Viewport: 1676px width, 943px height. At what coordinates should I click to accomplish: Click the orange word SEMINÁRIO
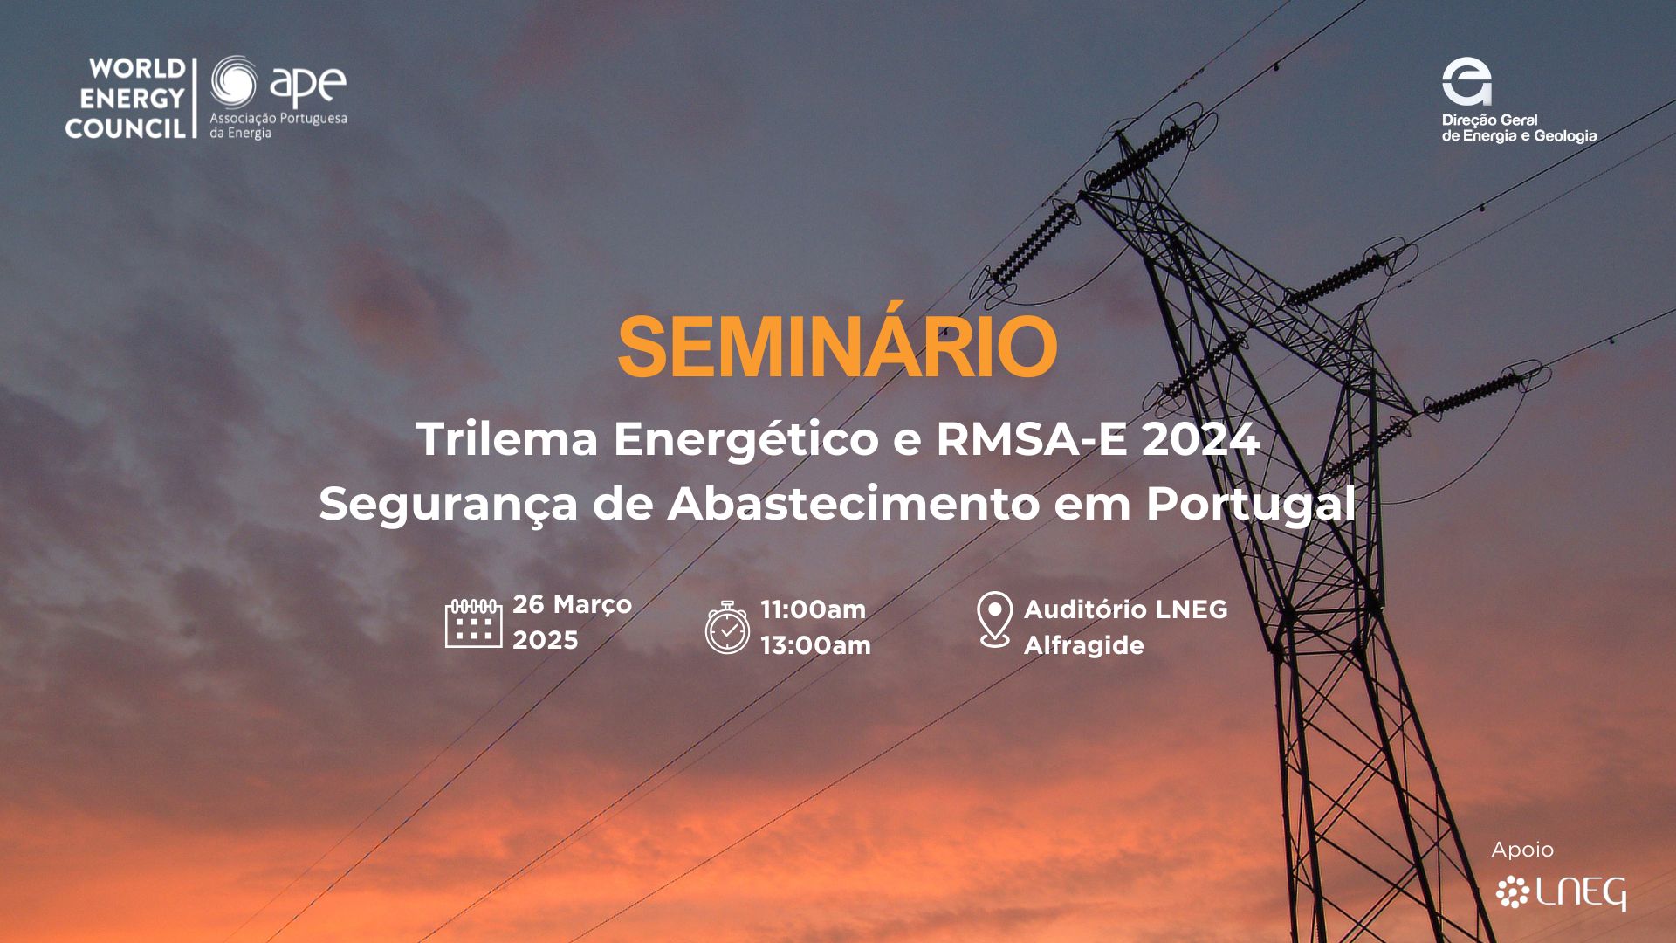pyautogui.click(x=837, y=348)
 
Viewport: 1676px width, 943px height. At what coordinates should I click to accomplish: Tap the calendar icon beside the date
pyautogui.click(x=473, y=623)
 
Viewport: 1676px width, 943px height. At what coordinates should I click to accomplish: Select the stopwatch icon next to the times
pyautogui.click(x=727, y=627)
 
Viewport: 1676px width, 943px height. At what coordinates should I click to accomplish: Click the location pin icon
pyautogui.click(x=994, y=619)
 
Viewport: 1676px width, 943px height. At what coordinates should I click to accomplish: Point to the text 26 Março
pyautogui.click(x=572, y=604)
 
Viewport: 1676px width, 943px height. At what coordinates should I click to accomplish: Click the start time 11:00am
pyautogui.click(x=813, y=609)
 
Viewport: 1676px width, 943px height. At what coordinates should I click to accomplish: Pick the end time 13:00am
pyautogui.click(x=815, y=645)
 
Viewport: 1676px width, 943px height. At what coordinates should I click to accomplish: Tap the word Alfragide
pyautogui.click(x=1083, y=645)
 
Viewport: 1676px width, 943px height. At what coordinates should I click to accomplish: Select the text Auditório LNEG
pyautogui.click(x=1125, y=609)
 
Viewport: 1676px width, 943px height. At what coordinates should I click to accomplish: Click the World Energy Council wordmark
pyautogui.click(x=126, y=98)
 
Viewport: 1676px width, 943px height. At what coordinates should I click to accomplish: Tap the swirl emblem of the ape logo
pyautogui.click(x=234, y=83)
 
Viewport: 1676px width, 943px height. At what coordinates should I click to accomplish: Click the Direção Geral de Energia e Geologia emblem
pyautogui.click(x=1466, y=81)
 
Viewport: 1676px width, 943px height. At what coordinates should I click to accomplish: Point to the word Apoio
pyautogui.click(x=1522, y=850)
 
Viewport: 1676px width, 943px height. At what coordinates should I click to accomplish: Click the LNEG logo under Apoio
pyautogui.click(x=1561, y=893)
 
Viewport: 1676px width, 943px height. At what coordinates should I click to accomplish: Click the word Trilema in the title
pyautogui.click(x=507, y=438)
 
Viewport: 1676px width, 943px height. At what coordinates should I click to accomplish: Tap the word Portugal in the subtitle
pyautogui.click(x=1251, y=504)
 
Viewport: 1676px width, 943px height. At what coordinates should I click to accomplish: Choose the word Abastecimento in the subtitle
pyautogui.click(x=853, y=504)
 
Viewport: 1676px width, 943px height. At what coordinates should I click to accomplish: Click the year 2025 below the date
pyautogui.click(x=545, y=640)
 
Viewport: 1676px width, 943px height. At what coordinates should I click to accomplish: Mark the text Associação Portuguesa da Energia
pyautogui.click(x=278, y=125)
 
